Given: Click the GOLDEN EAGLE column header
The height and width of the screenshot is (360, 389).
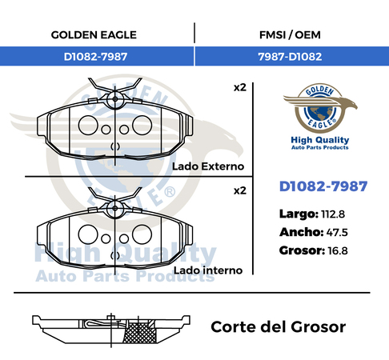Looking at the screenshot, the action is [x=94, y=35].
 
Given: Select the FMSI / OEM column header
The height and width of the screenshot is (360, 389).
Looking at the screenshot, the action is [x=290, y=35].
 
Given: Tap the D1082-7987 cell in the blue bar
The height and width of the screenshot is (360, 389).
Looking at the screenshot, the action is [x=95, y=57].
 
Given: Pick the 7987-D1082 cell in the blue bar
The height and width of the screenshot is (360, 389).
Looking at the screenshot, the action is [x=290, y=57].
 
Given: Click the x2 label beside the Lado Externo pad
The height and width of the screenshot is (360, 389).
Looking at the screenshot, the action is [x=240, y=88].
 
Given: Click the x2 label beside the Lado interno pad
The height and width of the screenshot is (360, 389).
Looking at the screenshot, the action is [x=240, y=190].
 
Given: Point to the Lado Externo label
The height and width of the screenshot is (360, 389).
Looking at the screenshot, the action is [x=208, y=166].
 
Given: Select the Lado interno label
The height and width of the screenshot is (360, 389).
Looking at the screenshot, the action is [x=208, y=270].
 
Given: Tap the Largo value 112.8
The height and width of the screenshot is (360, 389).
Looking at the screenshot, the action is [x=333, y=214].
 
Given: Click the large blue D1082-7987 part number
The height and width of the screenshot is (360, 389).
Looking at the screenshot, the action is [x=323, y=186].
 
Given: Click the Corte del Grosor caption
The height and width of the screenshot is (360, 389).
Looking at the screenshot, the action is [x=279, y=327].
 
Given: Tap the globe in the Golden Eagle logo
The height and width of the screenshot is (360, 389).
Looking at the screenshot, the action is [x=320, y=112].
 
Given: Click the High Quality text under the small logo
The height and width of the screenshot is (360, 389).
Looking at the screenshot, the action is [x=320, y=140].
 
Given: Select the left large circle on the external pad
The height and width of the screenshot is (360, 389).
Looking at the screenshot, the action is [x=88, y=125].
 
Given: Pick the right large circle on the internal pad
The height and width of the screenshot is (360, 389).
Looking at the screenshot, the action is [x=142, y=234].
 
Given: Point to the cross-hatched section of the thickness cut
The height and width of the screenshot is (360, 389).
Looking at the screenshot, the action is [x=139, y=332].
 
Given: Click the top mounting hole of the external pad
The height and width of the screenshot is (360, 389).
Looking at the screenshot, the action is [x=115, y=99].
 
